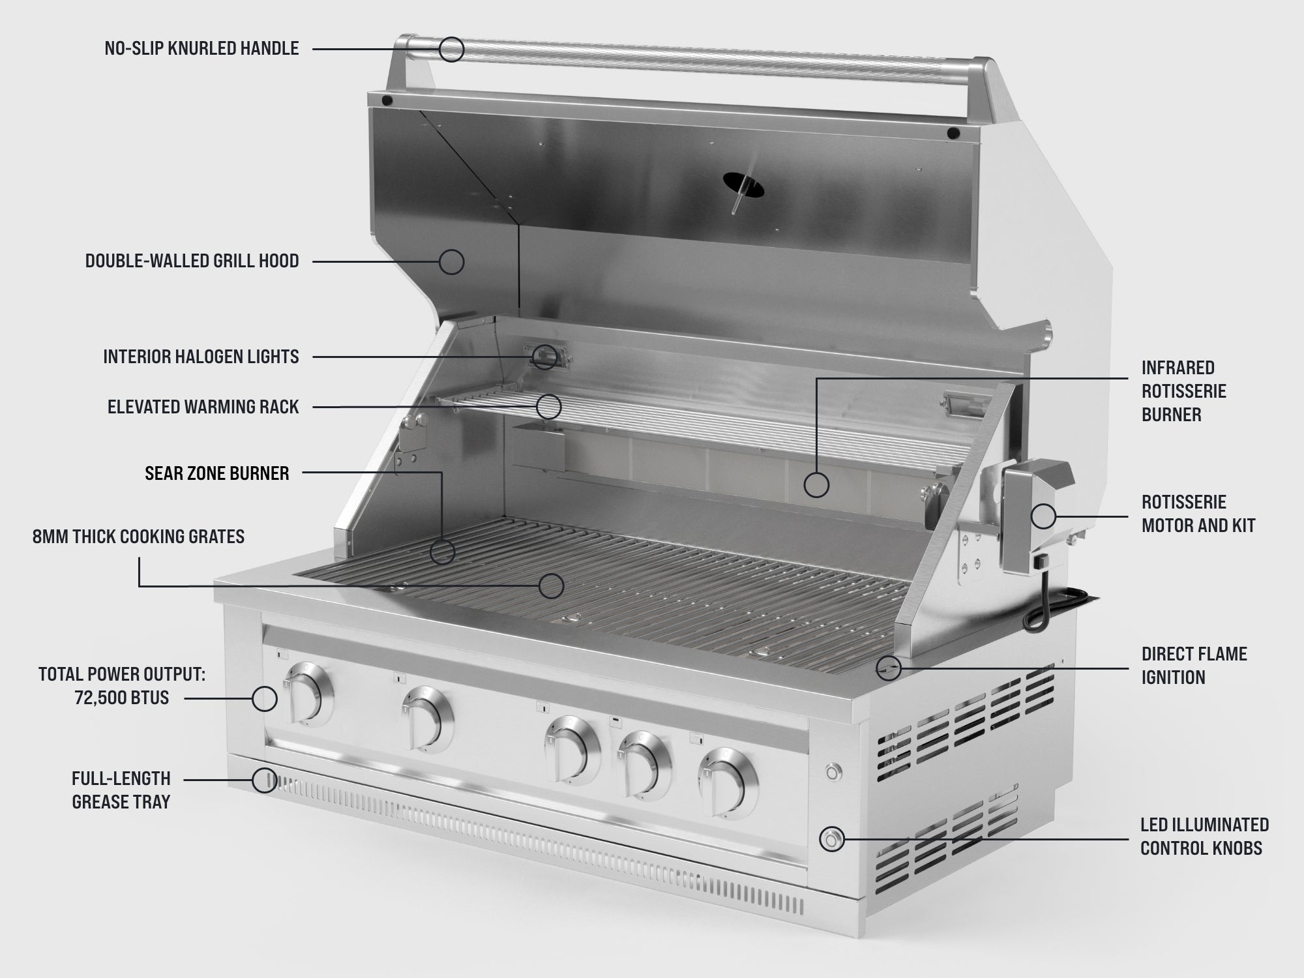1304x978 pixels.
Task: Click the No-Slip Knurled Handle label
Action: (x=201, y=48)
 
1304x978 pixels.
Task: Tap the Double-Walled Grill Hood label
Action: (x=192, y=261)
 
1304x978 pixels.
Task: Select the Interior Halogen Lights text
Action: (x=201, y=357)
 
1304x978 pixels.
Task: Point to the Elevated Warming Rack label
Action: (x=203, y=407)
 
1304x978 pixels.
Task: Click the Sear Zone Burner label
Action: (x=217, y=473)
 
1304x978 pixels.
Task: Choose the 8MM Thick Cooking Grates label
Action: (x=139, y=537)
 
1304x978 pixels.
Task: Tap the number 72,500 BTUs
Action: (x=122, y=698)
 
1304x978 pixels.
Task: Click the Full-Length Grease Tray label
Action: (x=121, y=790)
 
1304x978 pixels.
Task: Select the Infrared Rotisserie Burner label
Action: (x=1183, y=391)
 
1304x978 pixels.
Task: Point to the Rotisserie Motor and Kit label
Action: (x=1198, y=514)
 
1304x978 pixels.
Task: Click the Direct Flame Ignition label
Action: (x=1194, y=666)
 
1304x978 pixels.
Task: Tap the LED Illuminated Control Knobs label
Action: (x=1204, y=837)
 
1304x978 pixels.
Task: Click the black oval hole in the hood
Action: (x=744, y=184)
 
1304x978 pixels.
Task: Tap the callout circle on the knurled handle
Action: (x=451, y=49)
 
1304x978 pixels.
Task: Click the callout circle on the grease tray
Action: (x=264, y=780)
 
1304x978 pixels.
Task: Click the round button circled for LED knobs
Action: (x=831, y=839)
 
